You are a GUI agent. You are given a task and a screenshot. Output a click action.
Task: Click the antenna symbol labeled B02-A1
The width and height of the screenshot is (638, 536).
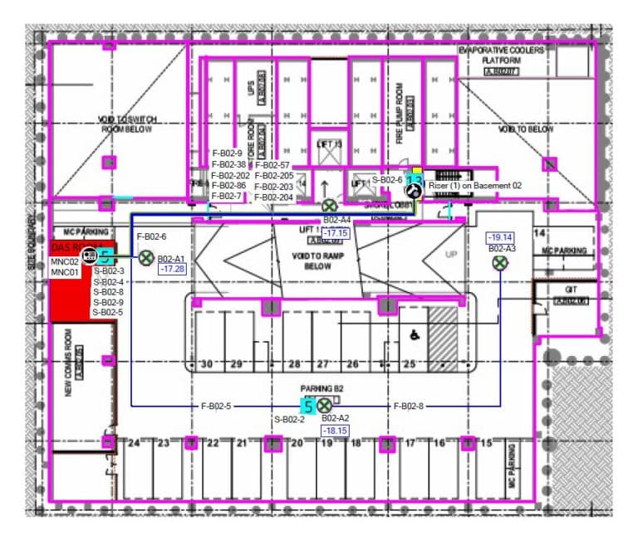coord(146,258)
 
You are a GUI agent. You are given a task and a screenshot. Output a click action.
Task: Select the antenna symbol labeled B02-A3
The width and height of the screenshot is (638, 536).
coord(500,263)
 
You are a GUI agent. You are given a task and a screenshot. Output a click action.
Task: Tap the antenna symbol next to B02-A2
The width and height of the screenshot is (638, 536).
coord(324,405)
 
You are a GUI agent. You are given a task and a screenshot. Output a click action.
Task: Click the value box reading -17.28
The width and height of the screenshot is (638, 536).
coord(172,270)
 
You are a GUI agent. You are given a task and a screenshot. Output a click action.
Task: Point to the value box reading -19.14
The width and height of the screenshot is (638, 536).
coord(500,237)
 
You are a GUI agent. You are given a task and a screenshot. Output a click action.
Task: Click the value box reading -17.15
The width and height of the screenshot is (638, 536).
coord(336,233)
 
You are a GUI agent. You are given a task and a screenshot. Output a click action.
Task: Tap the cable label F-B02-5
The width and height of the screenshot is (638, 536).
coord(216,406)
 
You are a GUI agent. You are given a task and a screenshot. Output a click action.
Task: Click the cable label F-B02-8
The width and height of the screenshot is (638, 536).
coord(409,406)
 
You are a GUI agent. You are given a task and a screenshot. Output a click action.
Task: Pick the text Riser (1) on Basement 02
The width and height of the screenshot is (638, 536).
coord(475,186)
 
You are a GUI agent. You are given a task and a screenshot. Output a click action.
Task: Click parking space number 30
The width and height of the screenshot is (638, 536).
coord(207,364)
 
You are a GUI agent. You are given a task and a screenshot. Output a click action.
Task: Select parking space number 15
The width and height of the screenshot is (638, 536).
coord(487,443)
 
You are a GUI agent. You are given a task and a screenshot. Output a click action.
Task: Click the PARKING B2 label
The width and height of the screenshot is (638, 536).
coord(321,388)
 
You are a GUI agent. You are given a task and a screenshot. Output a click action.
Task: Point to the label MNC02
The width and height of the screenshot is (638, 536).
coord(64,262)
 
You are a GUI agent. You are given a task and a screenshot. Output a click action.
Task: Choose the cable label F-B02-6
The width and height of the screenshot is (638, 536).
coord(151,237)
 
